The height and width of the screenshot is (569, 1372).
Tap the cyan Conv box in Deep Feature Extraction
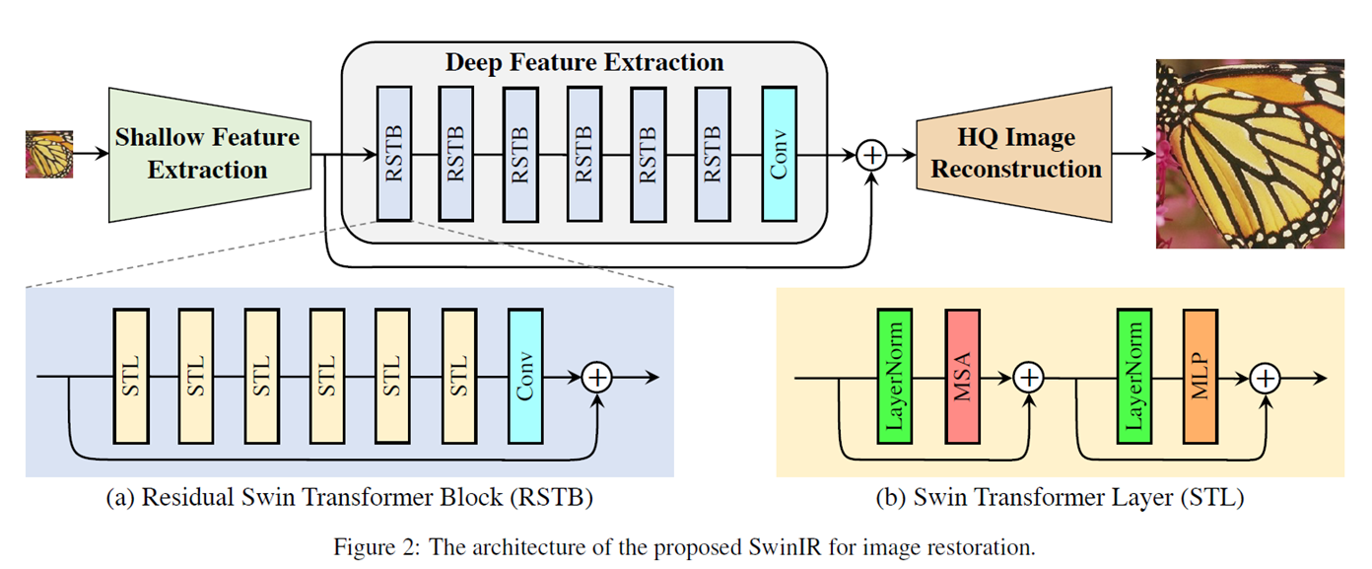point(778,153)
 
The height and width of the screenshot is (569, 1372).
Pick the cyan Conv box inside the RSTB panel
point(524,376)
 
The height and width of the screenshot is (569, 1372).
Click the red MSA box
point(962,376)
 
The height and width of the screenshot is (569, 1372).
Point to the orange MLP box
point(1200,376)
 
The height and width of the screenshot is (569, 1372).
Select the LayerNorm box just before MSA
point(895,376)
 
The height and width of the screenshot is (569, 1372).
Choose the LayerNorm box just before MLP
point(1135,376)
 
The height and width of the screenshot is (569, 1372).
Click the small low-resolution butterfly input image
point(49,154)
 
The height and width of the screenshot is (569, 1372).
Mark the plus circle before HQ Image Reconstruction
point(872,154)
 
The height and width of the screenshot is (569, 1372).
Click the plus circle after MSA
point(1029,377)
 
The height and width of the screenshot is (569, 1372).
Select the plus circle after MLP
point(1267,377)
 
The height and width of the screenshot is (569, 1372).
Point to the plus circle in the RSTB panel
point(597,377)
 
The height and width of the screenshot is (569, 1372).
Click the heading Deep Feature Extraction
point(584,62)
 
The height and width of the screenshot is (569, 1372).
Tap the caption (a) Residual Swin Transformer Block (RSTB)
point(349,498)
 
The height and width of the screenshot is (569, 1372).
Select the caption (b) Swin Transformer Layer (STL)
point(1060,498)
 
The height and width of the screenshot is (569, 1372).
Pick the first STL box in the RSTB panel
point(130,376)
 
